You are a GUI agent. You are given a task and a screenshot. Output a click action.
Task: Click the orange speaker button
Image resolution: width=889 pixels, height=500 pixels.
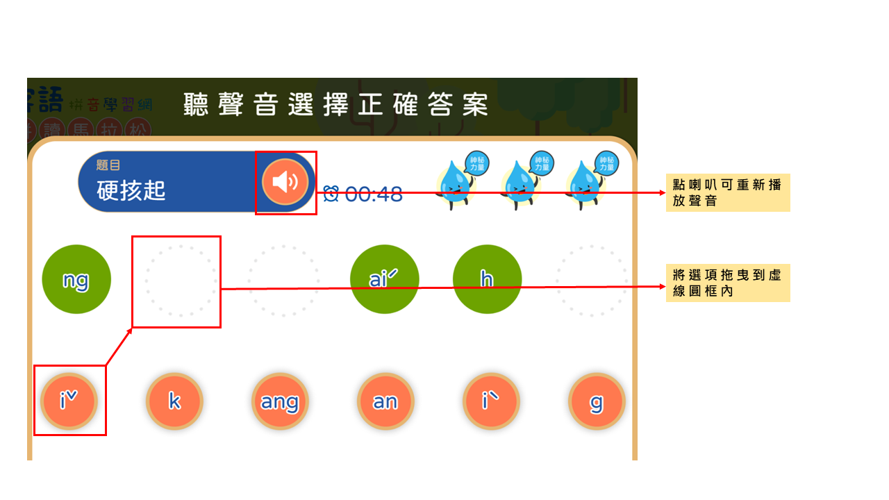coord(285,182)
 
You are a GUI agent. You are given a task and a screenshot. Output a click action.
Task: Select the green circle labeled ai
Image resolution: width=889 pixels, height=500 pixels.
coord(384,279)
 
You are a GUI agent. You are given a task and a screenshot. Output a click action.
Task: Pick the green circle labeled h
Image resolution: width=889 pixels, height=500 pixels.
coord(487,279)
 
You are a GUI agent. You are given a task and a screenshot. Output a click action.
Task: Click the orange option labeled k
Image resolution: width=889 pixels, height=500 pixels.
coord(174,401)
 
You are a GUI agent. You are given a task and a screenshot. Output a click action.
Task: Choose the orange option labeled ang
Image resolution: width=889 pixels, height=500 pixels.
coord(280,401)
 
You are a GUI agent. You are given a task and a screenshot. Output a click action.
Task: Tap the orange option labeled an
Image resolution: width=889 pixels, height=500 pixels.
coord(385,401)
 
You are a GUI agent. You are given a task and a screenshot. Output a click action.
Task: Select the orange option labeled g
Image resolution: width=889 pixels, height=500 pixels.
coord(597,401)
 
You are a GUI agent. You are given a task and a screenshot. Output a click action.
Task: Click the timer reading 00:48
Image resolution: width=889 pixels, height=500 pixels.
coord(374,194)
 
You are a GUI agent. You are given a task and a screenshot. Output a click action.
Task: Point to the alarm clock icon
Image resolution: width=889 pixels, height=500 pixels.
coord(331,194)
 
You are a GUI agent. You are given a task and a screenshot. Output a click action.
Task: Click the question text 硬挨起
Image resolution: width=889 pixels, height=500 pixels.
coord(131,191)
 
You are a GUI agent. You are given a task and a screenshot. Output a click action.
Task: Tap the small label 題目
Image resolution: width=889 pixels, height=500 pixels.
coord(108,165)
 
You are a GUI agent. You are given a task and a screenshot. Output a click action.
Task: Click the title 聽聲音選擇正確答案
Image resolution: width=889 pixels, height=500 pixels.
coord(336,105)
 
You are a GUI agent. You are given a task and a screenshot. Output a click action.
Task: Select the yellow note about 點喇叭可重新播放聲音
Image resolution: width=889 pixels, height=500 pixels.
coord(728,192)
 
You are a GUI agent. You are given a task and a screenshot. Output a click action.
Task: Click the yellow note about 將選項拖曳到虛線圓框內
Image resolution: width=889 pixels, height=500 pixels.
coord(728,283)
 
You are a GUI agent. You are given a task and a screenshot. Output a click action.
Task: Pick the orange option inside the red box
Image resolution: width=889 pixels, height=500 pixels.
coord(69,401)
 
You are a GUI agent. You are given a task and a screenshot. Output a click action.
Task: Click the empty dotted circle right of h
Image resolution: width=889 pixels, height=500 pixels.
coord(591,281)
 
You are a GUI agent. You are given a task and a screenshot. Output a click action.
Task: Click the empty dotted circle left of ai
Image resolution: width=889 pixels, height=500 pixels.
coord(283,281)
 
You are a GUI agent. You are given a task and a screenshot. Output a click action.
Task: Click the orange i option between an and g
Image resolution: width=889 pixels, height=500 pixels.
coord(491,401)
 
